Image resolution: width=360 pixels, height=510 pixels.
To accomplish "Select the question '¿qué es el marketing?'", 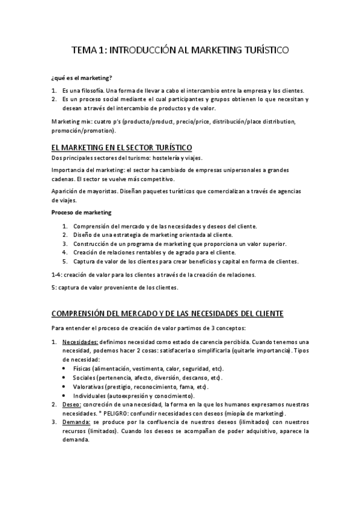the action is [82, 78].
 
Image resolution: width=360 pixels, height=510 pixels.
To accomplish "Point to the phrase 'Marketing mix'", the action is [71, 121].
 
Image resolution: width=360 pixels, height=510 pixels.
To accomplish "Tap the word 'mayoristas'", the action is [94, 191].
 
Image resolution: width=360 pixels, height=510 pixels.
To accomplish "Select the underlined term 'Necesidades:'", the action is [80, 342].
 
